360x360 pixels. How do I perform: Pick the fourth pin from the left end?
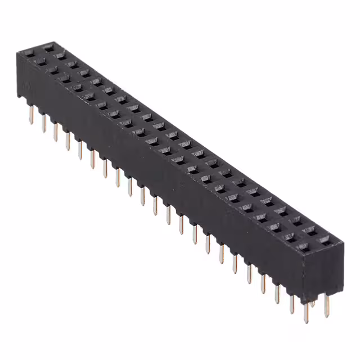[67, 141]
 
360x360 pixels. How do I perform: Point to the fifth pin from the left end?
[79, 149]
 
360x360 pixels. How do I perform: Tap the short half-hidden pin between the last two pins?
[313, 304]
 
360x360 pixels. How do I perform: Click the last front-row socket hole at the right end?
[304, 247]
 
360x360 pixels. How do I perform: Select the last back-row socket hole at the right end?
[325, 240]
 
